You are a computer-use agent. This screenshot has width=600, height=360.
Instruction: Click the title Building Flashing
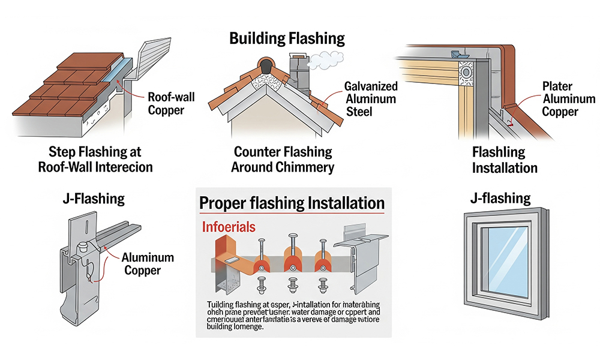287,39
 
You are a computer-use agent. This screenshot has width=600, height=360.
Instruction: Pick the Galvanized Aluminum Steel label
371,98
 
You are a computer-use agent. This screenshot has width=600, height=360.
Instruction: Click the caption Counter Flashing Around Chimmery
283,159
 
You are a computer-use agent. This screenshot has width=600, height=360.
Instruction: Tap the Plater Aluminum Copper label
568,99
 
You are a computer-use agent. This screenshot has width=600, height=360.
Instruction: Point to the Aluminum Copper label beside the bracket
148,264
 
